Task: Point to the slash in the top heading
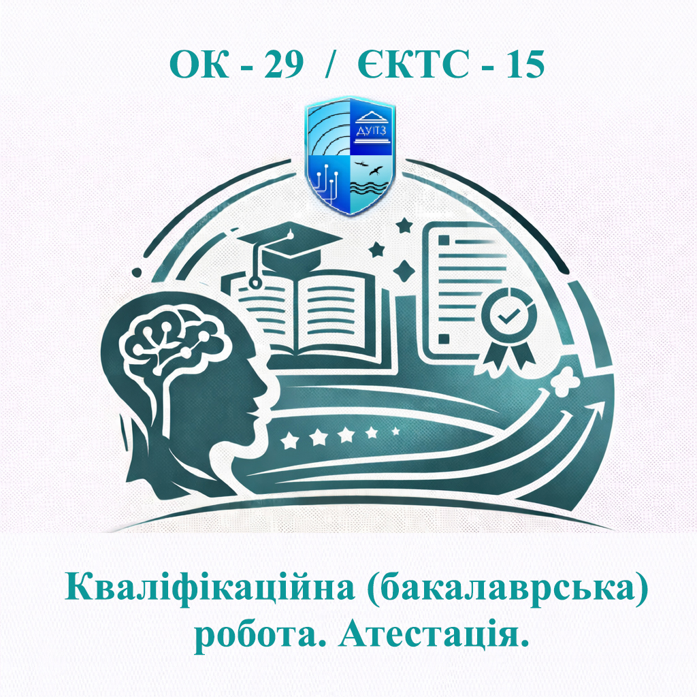pos(331,65)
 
